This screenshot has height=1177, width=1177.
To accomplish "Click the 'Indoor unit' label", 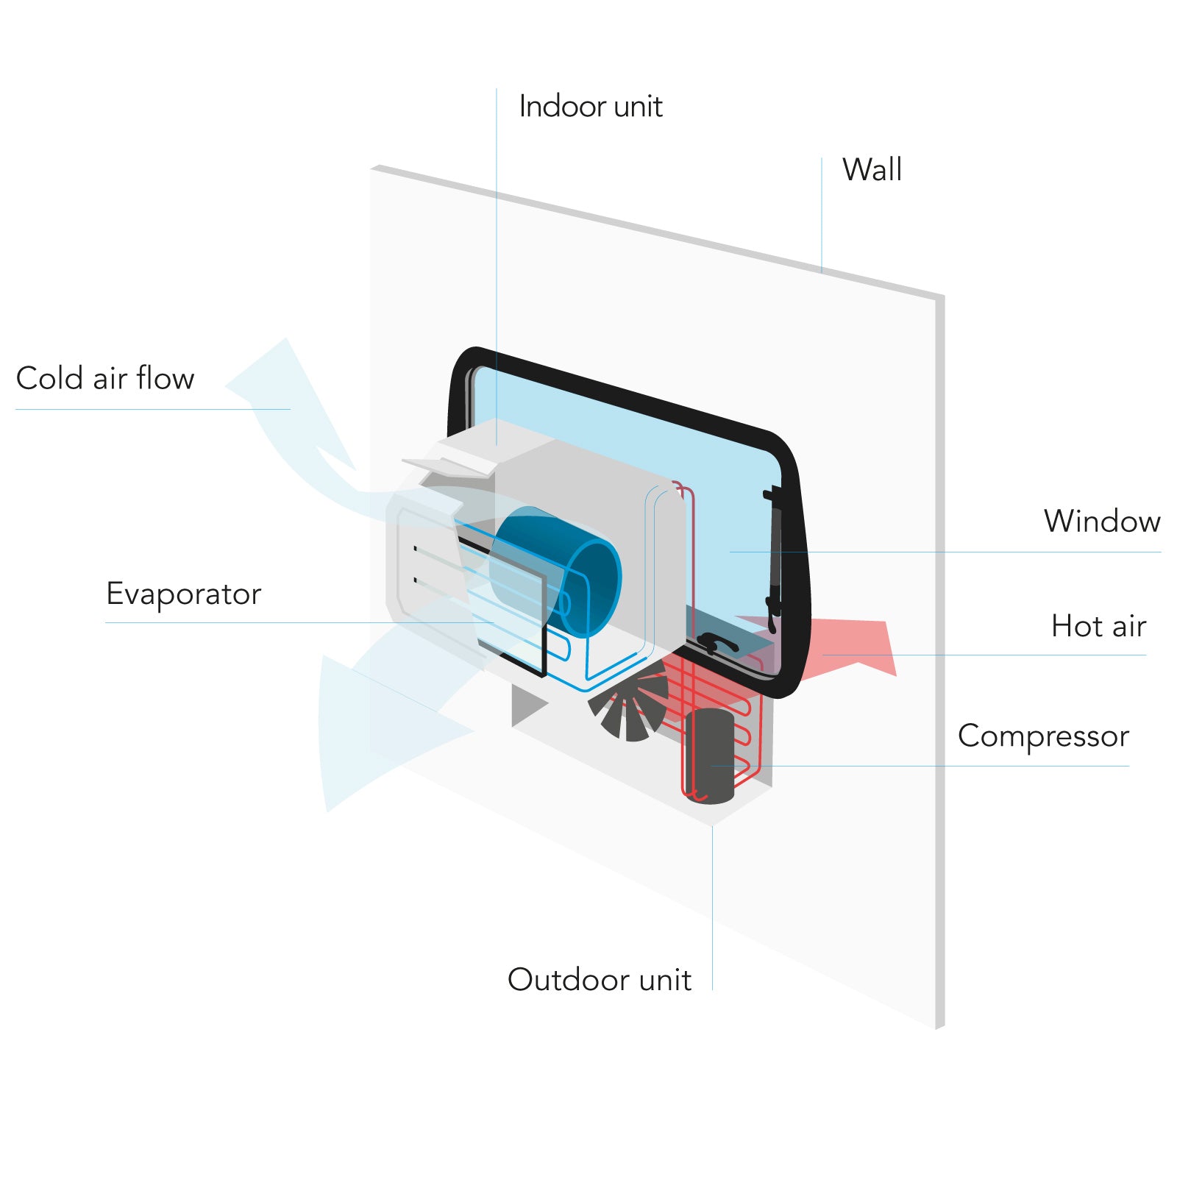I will coord(591,107).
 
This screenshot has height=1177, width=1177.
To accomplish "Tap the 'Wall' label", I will coord(872,170).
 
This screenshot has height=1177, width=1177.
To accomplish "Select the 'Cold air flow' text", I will coord(105,379).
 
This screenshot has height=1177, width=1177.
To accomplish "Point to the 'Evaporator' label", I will coord(184,594).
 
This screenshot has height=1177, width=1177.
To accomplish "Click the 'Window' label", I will coord(1102,522).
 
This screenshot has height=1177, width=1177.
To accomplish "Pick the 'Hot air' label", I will coord(1098,627).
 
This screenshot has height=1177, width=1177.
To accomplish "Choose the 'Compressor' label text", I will coord(1043,736).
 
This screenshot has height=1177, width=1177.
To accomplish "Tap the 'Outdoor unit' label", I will coord(600,980).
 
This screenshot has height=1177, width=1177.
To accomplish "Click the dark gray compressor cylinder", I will coord(711,754).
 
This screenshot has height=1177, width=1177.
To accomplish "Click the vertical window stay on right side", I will coord(774,559).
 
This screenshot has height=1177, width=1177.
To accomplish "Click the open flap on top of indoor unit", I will coord(449,466).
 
